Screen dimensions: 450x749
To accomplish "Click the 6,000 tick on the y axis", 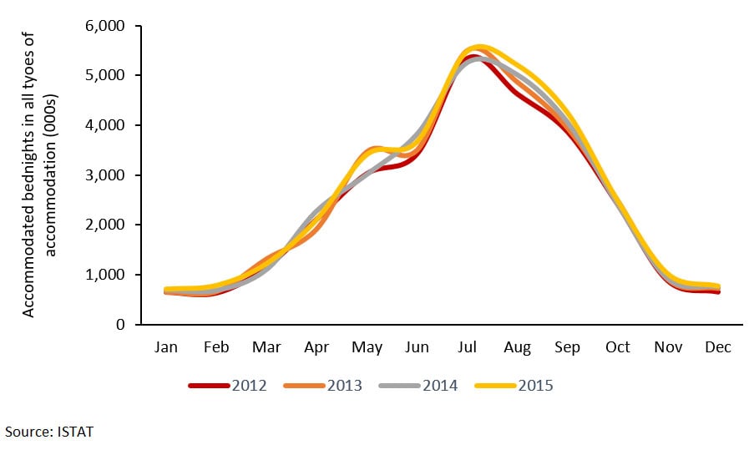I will coord(106,26).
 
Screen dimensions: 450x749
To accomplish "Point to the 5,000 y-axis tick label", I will coord(106,76).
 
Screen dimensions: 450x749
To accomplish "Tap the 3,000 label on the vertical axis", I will coord(106,175).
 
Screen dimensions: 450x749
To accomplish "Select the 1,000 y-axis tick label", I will coord(106,275).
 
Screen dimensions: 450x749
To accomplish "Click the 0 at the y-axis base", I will coord(120,325).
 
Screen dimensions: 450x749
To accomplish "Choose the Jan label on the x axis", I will coord(167,347).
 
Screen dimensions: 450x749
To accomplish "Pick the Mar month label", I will coord(267,347).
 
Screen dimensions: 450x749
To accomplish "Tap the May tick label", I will coord(367,347).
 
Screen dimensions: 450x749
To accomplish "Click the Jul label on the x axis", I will coord(468,347).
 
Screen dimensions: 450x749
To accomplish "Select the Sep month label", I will coord(568,347).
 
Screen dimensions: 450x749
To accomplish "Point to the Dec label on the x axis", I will coord(718,347).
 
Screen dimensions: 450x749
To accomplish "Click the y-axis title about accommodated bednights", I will coord(36,174).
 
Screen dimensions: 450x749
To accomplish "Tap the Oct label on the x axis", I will coord(618,347).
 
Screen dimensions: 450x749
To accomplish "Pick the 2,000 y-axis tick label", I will coord(106,225).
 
